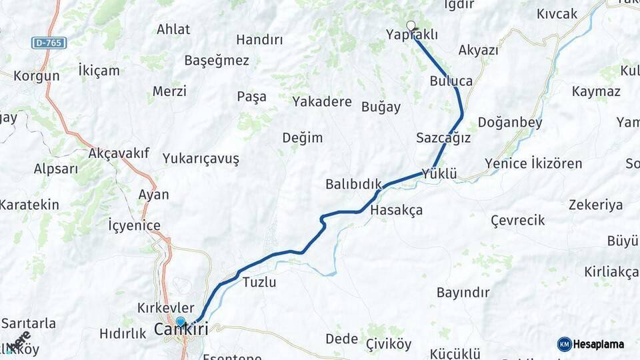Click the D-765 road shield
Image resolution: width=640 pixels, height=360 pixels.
(49, 43)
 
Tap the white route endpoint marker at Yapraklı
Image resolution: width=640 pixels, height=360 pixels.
(411, 26)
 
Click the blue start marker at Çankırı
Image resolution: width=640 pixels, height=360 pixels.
(180, 322)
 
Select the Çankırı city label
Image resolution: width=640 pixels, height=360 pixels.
(181, 329)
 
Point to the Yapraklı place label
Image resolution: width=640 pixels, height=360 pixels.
(413, 35)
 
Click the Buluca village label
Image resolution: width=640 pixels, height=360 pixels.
(451, 81)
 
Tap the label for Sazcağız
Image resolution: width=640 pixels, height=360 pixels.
(443, 138)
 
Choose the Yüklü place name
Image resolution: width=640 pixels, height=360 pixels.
(439, 174)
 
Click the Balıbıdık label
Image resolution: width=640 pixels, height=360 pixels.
(353, 184)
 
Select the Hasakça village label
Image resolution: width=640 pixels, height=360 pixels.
(396, 210)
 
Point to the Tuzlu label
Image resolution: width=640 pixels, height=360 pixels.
(259, 281)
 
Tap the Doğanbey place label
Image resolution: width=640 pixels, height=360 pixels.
(509, 123)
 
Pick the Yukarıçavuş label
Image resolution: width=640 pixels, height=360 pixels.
(201, 159)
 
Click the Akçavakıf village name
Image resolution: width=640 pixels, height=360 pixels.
(119, 153)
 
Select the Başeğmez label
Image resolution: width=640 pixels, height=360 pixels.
(217, 61)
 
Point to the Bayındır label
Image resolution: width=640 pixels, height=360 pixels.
(463, 292)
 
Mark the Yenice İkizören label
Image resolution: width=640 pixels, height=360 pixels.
(533, 163)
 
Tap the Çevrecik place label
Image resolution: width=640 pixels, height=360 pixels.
(517, 220)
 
